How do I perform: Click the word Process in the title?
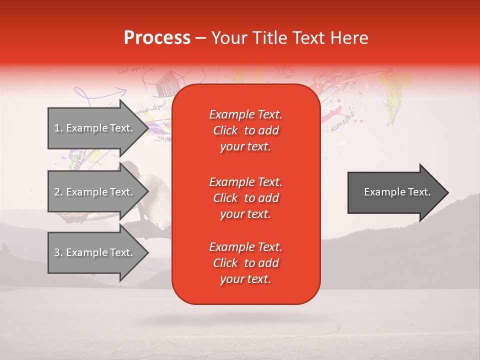click(157, 38)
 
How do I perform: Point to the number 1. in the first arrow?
click(58, 128)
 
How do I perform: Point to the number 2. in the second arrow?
click(58, 192)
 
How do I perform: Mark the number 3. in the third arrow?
click(58, 252)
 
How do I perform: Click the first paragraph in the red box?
click(245, 130)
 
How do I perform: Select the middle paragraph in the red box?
click(245, 198)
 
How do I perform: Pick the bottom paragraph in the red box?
click(245, 263)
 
